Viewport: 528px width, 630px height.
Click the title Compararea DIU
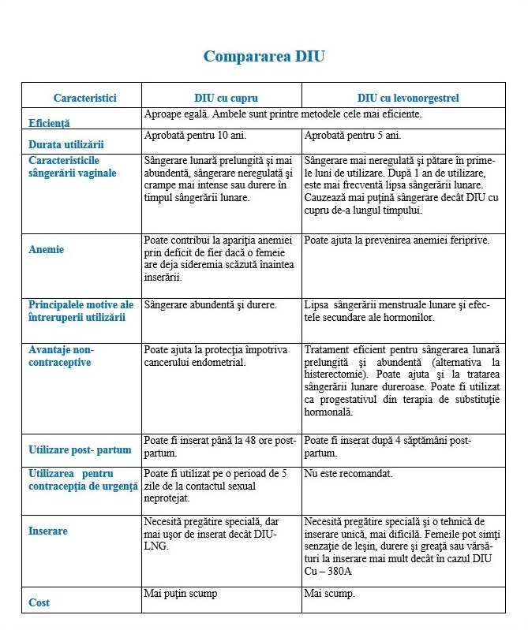(x=264, y=56)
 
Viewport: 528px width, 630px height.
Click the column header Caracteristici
(x=84, y=98)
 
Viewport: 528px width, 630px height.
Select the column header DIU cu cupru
(x=222, y=98)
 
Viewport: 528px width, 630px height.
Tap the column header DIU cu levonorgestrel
(x=408, y=98)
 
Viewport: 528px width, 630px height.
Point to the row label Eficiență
(x=49, y=123)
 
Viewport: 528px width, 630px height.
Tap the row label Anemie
(x=46, y=249)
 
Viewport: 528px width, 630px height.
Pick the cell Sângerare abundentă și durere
(x=211, y=304)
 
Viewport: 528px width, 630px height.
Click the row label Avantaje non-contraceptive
(x=60, y=356)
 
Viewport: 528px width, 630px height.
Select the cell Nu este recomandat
(x=348, y=474)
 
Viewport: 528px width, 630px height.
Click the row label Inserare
(x=48, y=531)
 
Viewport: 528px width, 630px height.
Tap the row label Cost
(x=39, y=602)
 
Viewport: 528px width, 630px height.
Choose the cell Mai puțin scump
(x=181, y=593)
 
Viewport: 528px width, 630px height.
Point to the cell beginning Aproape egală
(x=283, y=114)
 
